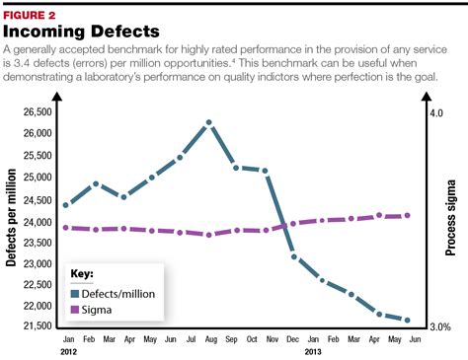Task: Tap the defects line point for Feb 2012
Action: click(x=95, y=183)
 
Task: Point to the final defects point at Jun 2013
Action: click(x=408, y=320)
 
